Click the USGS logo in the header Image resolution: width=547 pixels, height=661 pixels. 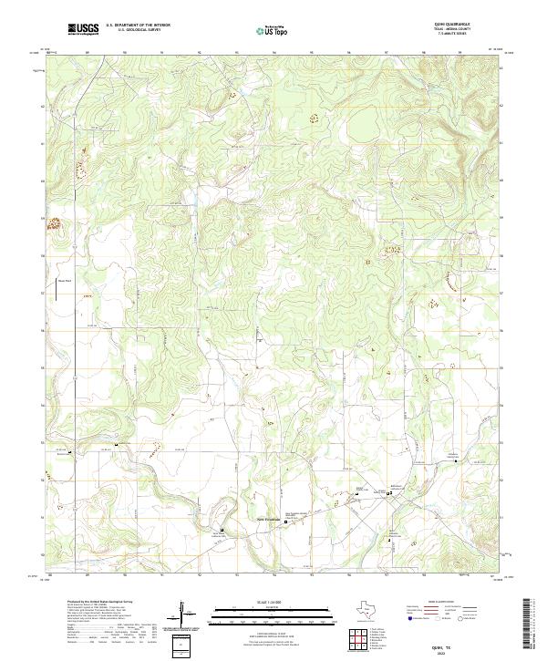(83, 30)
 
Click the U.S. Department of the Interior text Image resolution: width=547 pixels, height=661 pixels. (138, 26)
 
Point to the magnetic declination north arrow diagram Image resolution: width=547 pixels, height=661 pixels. (188, 613)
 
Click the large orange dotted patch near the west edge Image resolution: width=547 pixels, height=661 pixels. (54, 222)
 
